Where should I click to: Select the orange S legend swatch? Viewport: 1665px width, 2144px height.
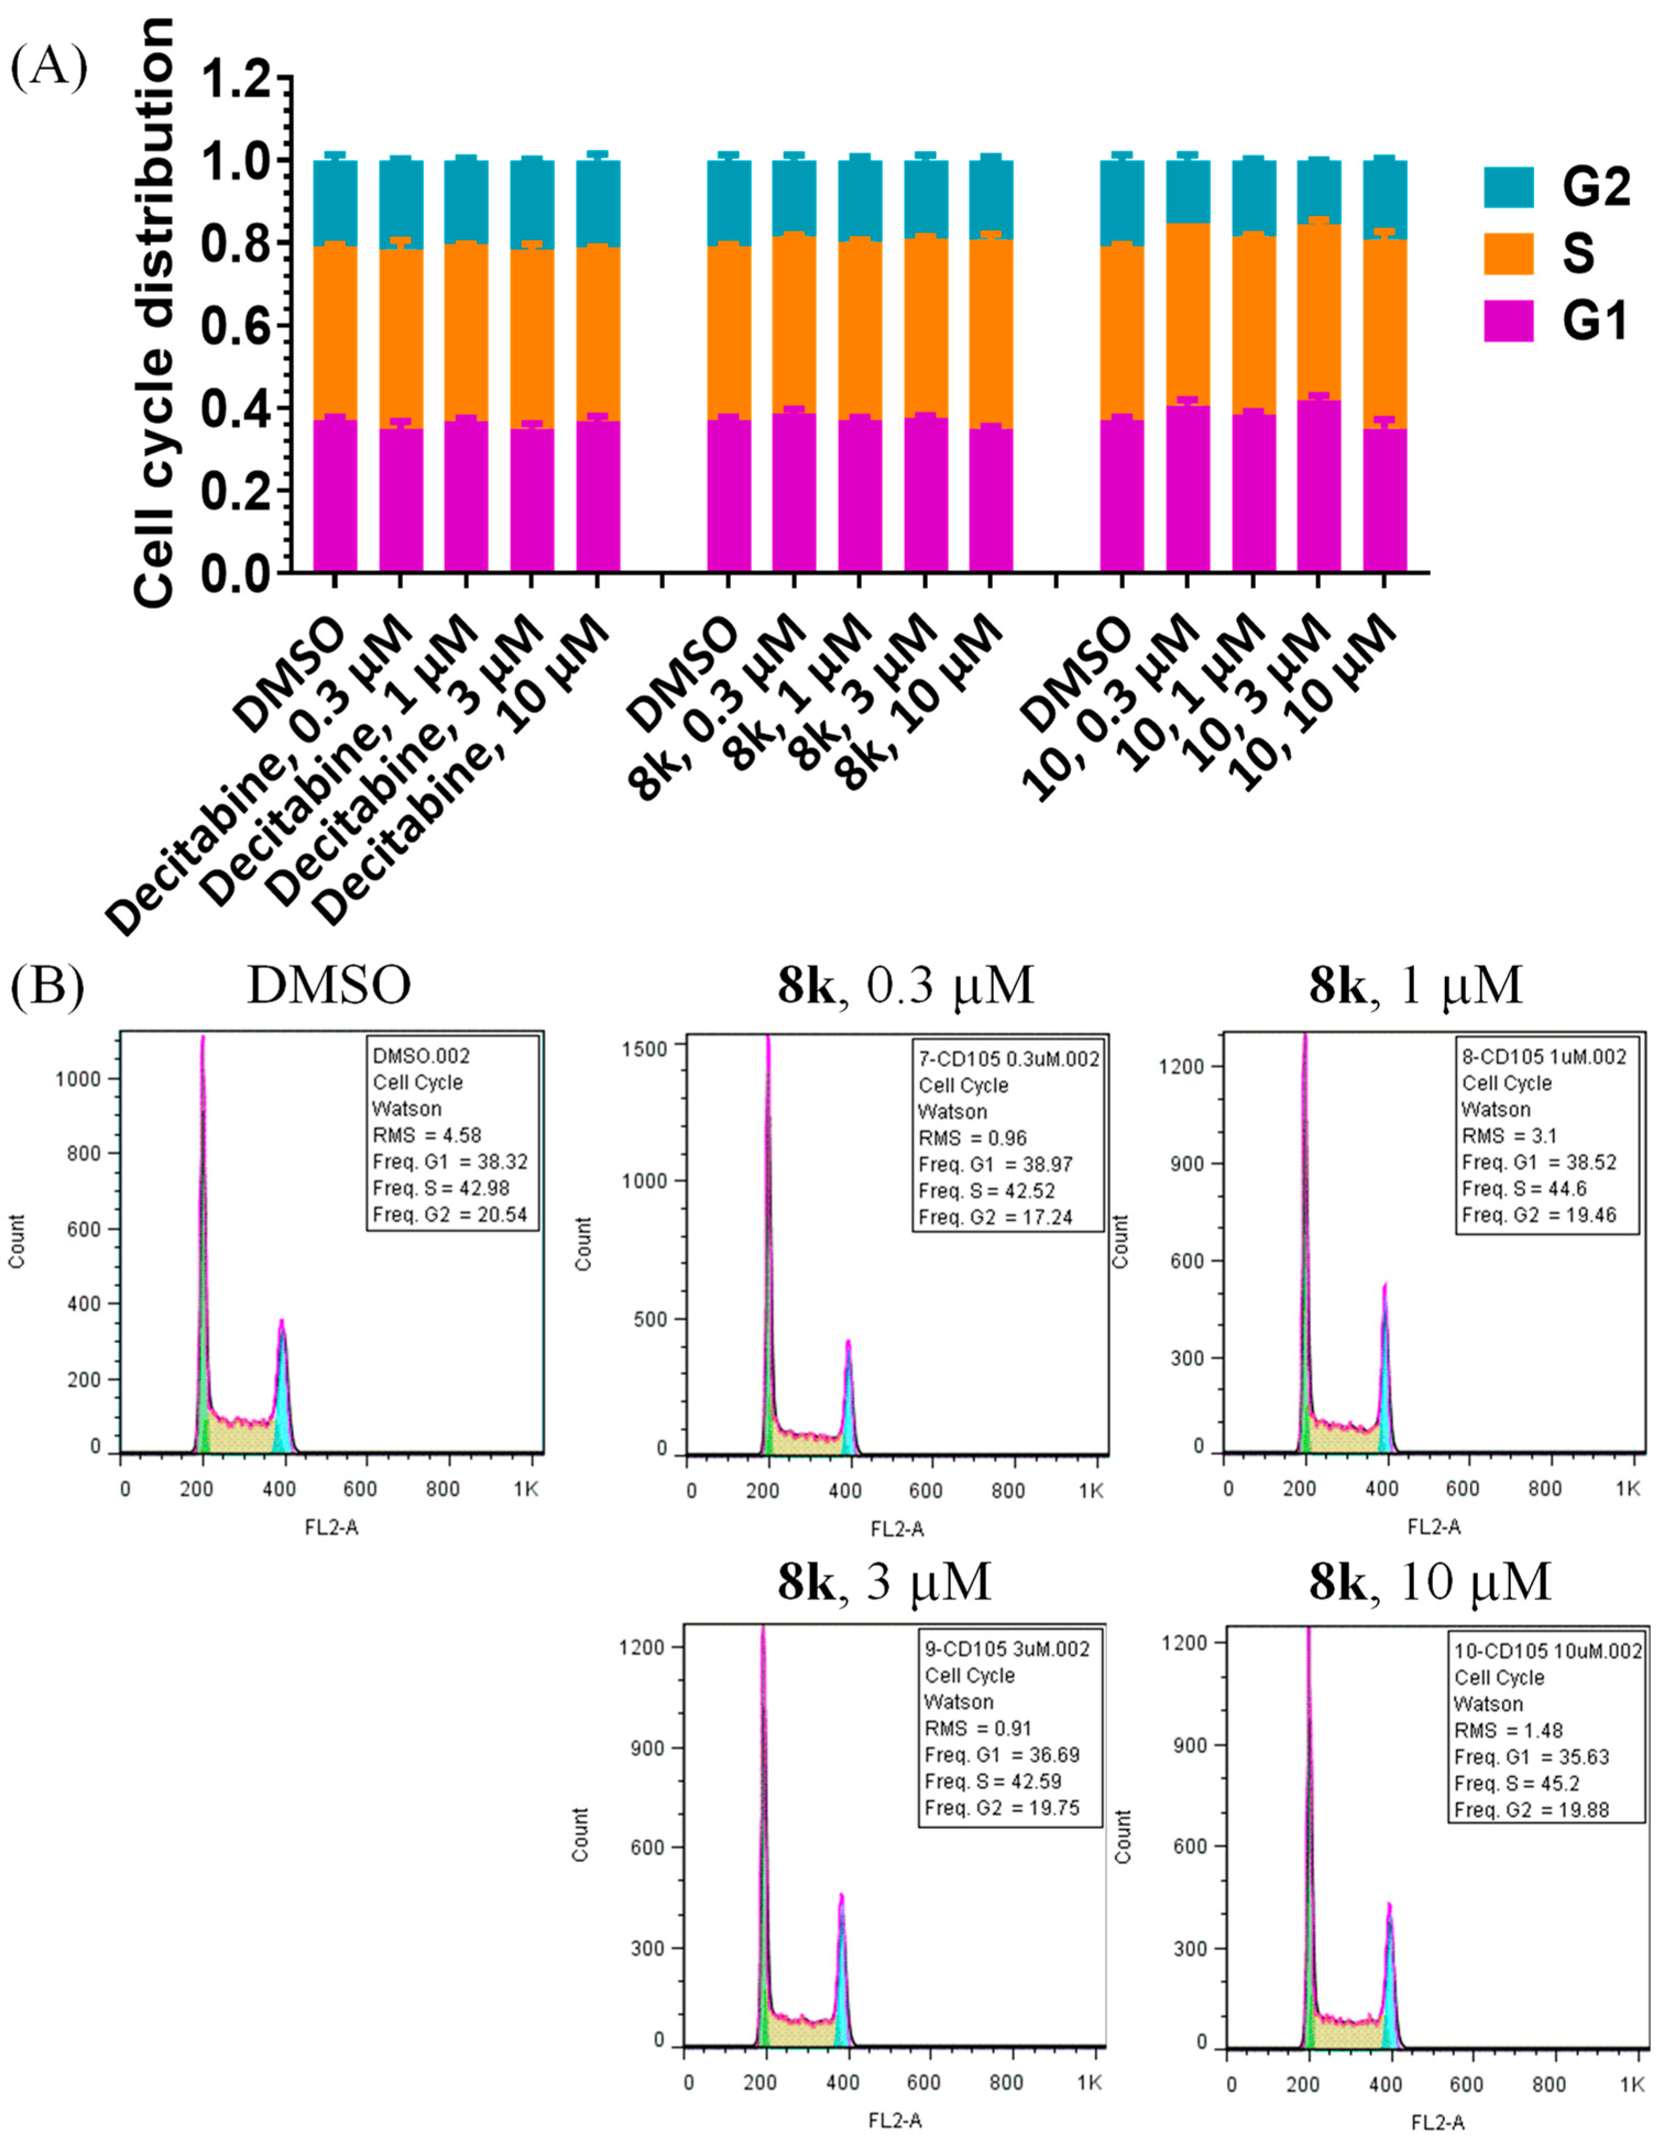click(1508, 253)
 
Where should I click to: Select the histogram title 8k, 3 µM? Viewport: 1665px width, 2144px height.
click(883, 1583)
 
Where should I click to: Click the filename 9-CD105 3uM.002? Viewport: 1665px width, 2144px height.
click(1006, 1649)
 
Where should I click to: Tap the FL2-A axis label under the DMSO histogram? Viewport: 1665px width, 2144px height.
click(332, 1529)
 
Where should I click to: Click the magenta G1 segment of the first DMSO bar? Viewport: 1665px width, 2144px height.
click(335, 496)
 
